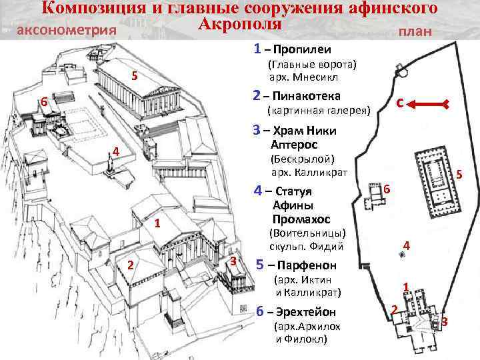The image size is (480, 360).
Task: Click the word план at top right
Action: click(414, 32)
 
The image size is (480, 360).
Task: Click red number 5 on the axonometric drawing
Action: click(134, 75)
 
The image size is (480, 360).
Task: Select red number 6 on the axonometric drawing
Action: click(43, 103)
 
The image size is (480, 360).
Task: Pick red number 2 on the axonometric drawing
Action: click(131, 266)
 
